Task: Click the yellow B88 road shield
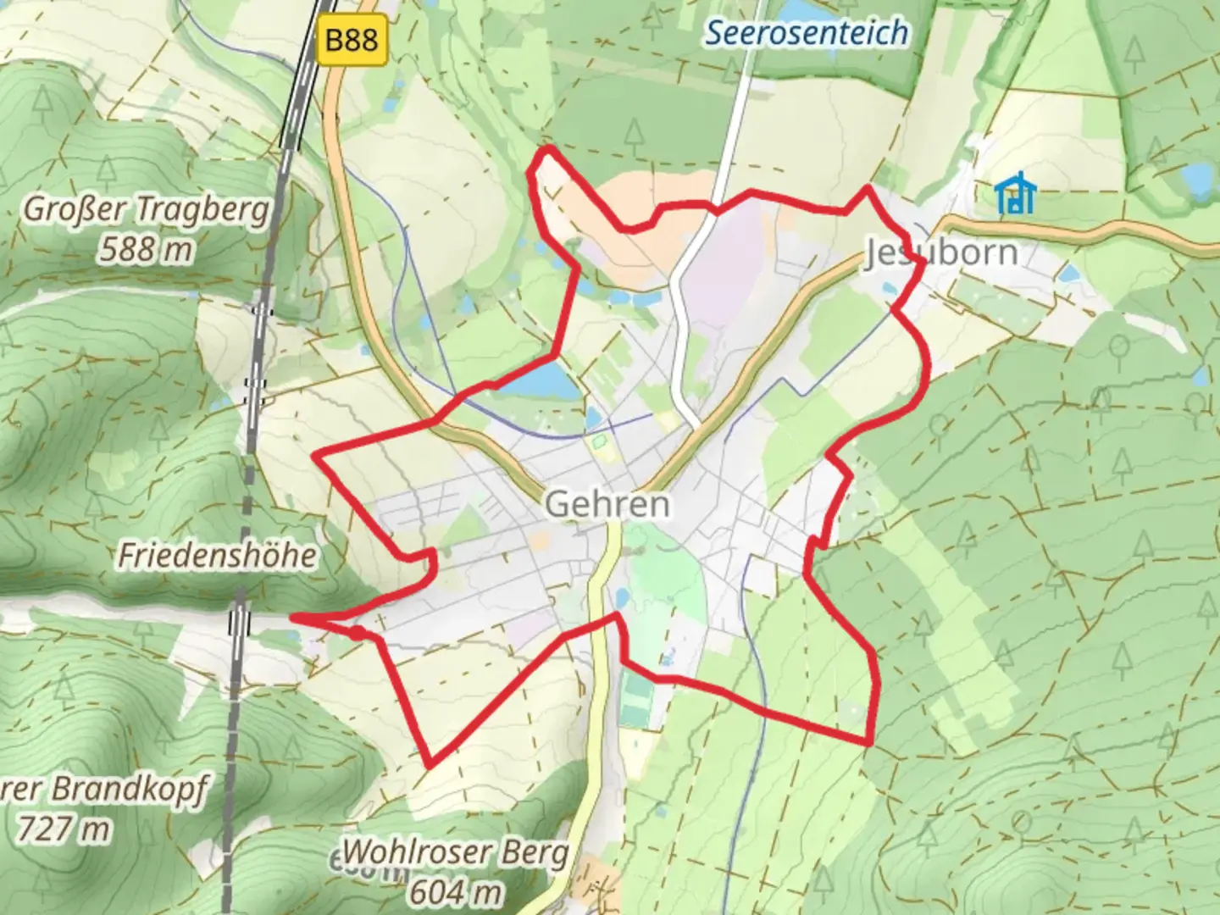(x=352, y=40)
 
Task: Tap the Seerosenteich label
(x=807, y=33)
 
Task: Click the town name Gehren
(x=607, y=504)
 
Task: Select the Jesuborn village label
(x=940, y=252)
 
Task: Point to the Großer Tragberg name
(x=146, y=209)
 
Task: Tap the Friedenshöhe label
(x=218, y=555)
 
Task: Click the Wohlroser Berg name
(x=456, y=851)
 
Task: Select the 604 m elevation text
(x=456, y=891)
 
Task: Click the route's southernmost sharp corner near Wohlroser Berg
(x=430, y=764)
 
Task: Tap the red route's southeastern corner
(x=868, y=743)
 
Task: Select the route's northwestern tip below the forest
(x=548, y=149)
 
